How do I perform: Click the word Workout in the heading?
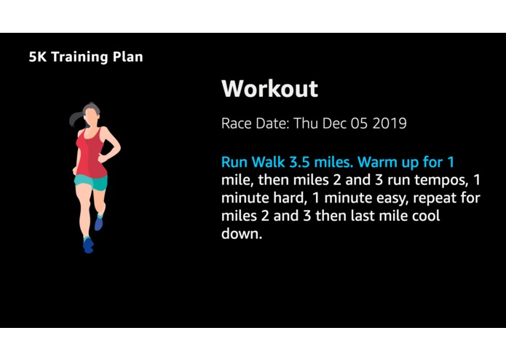coord(269,89)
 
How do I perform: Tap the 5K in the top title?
coord(39,57)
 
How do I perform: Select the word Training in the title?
coord(78,57)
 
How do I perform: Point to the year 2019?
coord(390,123)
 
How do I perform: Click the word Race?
coord(237,123)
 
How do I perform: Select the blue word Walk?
coord(269,161)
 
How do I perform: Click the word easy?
coord(385,198)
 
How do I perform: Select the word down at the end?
coord(239,235)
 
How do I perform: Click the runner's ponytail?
coord(75,119)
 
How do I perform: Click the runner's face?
coord(92,115)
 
